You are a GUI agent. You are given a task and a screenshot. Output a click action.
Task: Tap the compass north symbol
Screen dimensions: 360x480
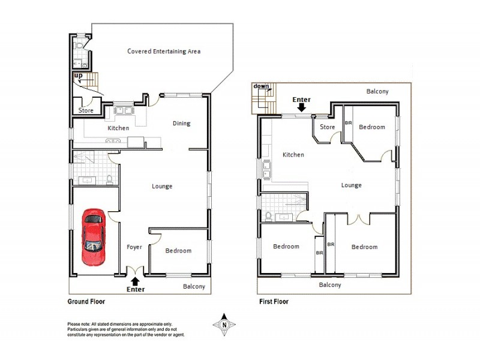224,325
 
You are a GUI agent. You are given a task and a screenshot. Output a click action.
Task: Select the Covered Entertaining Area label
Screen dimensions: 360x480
164,51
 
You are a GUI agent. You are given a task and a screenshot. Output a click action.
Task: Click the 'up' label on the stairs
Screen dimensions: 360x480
78,76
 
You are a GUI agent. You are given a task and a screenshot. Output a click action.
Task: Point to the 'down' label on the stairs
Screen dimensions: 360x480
262,86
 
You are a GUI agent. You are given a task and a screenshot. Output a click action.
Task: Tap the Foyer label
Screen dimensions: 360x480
134,247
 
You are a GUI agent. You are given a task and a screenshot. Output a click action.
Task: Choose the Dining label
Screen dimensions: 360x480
181,124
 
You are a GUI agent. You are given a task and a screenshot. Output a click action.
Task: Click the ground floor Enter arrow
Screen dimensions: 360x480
135,280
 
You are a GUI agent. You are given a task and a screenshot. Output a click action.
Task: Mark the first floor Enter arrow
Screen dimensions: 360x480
301,107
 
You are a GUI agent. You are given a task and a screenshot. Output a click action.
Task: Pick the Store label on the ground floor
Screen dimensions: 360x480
86,110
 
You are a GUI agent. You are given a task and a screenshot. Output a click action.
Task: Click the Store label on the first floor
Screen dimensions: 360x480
327,127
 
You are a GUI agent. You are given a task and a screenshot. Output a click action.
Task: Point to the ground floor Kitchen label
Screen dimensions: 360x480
118,128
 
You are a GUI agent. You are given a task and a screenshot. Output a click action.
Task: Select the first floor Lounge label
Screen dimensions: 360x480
351,185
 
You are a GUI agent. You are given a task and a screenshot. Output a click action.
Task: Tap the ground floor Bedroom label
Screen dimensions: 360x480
178,251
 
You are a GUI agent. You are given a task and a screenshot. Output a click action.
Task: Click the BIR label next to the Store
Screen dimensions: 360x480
348,124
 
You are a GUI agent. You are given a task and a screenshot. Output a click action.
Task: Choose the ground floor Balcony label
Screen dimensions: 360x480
194,287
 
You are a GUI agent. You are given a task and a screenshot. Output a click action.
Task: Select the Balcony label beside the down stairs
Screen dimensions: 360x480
377,92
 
